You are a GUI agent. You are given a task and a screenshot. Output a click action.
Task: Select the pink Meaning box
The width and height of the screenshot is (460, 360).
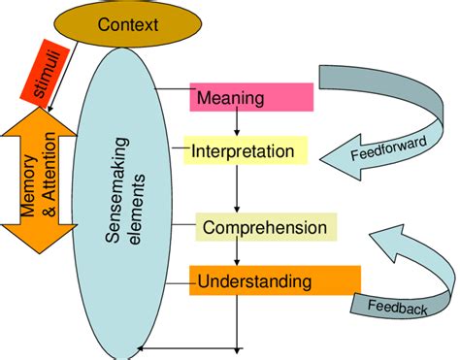tap(250, 96)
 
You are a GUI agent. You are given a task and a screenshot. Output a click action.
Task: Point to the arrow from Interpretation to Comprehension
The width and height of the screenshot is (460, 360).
tap(234, 192)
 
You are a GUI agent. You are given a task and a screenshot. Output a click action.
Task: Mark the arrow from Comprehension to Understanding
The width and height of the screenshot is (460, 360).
tap(234, 254)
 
